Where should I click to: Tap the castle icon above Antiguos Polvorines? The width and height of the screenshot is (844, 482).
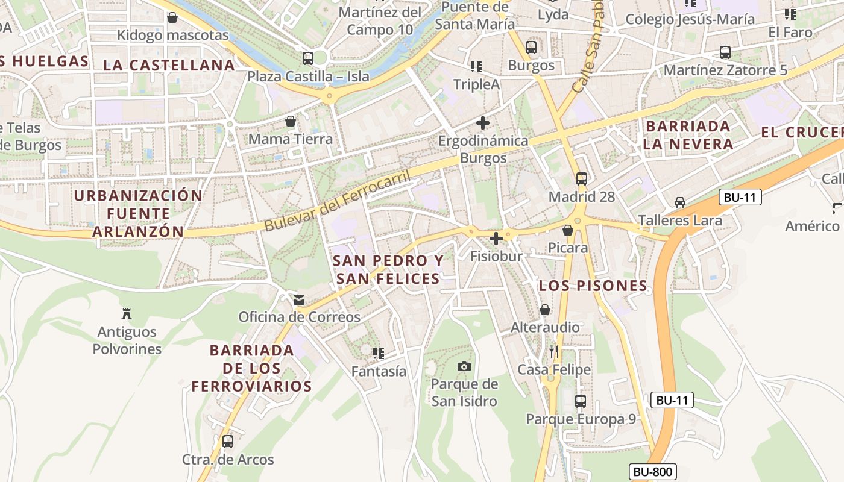[127, 313]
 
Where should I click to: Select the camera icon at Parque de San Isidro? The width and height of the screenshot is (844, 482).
[464, 366]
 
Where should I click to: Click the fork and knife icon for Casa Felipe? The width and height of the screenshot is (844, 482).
[554, 351]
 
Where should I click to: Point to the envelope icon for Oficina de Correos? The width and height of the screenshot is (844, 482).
[299, 299]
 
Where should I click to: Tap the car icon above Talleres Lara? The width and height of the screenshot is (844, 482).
[680, 202]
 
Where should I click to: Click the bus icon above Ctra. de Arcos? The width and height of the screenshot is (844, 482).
[228, 441]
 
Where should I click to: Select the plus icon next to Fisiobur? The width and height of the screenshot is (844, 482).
[496, 239]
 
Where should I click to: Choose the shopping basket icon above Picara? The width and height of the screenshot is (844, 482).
[567, 230]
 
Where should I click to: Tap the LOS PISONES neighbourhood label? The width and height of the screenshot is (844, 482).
[593, 286]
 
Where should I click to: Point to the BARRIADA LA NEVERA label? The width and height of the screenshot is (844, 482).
[688, 135]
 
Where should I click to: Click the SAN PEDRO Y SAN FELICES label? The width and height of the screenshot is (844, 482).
[388, 269]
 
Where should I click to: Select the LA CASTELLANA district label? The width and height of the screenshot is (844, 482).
[169, 65]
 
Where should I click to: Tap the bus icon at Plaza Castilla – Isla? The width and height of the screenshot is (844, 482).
[308, 58]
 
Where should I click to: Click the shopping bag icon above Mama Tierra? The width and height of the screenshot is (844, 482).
[291, 121]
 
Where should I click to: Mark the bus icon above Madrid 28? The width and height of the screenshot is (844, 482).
[581, 178]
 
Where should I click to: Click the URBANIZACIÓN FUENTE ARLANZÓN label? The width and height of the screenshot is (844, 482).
[138, 213]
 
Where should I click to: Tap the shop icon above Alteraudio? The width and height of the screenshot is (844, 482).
[545, 310]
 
